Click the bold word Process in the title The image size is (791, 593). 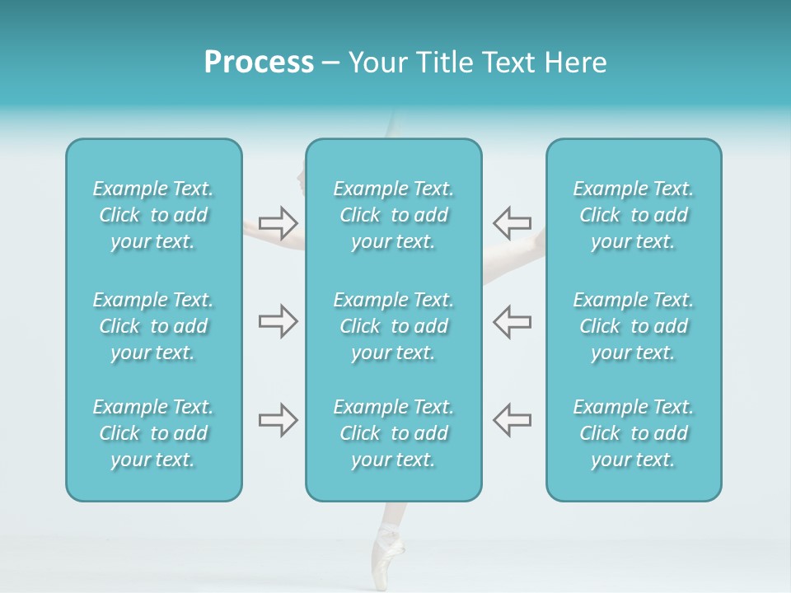tap(259, 63)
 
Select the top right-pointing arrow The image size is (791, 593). tap(278, 222)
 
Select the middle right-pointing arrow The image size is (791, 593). tap(278, 321)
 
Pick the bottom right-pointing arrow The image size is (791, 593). tap(278, 420)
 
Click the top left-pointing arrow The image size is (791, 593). tap(512, 222)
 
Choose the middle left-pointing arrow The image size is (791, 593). tap(512, 321)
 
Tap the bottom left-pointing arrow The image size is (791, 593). tap(512, 420)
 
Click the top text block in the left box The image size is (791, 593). tap(153, 215)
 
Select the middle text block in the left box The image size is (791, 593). tap(153, 326)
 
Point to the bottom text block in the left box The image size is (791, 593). tap(153, 433)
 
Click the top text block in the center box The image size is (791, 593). tap(393, 215)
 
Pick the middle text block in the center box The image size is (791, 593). tap(393, 326)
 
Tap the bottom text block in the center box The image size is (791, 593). tap(393, 433)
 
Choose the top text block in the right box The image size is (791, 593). tap(633, 215)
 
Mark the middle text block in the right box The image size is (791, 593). tap(633, 326)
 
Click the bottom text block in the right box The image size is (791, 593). tap(633, 433)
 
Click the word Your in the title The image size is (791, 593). tap(377, 63)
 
